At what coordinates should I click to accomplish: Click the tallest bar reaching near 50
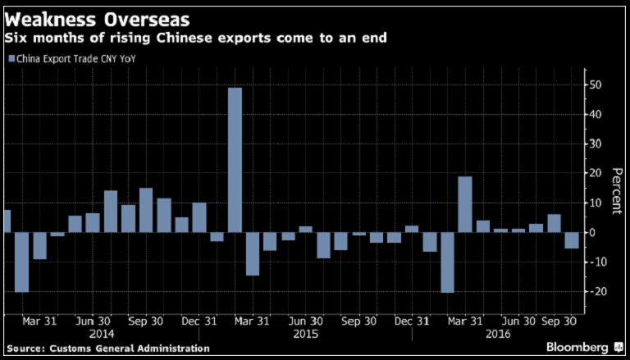[x=235, y=160]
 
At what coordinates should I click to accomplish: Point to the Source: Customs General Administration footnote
[x=107, y=348]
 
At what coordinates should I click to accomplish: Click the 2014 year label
[x=103, y=335]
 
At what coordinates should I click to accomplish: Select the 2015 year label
[x=305, y=335]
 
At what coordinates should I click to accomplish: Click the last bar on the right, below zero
[x=571, y=240]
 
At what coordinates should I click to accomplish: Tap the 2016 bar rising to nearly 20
[x=465, y=204]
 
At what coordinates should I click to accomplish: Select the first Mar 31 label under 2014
[x=39, y=322]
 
